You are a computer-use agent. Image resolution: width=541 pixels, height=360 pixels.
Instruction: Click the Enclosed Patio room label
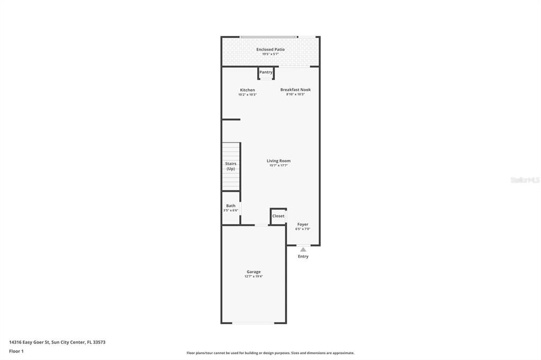tap(270, 50)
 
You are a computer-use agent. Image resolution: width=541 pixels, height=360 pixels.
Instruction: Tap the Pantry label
tap(266, 72)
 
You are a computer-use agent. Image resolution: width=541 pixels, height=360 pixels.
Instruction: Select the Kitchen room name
tap(247, 90)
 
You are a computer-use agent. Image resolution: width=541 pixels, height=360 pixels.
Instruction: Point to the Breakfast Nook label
tap(295, 90)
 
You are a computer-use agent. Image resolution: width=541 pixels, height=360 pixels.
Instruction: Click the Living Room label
tap(278, 161)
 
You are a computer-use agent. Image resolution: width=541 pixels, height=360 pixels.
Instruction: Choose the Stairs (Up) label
tap(231, 166)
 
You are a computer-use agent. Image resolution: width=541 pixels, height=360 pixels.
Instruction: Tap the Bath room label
tap(231, 206)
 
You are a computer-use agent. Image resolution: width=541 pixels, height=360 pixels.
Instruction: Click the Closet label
tap(278, 216)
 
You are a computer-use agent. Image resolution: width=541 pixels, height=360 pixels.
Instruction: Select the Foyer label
tap(303, 224)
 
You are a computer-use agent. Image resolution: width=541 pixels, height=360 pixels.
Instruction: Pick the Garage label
tap(254, 272)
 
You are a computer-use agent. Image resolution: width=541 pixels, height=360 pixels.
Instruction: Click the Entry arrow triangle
tap(303, 249)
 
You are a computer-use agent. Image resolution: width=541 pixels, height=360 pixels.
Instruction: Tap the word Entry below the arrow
tap(303, 257)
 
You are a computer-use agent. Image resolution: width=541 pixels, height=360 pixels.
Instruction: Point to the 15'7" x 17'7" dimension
tap(278, 166)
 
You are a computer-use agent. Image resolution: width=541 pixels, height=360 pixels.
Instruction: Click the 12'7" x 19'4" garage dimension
tap(254, 277)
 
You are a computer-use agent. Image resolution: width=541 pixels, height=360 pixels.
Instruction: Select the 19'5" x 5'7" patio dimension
tap(270, 54)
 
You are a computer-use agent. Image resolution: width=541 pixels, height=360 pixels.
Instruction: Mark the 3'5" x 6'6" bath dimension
tap(231, 211)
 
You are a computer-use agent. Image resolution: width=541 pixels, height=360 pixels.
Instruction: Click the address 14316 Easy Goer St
tap(57, 342)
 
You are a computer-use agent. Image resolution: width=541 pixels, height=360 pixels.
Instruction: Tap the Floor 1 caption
tap(16, 351)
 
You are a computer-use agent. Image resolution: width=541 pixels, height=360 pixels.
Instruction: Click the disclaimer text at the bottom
tap(270, 353)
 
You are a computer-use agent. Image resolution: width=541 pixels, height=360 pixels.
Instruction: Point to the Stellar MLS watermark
tap(525, 180)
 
